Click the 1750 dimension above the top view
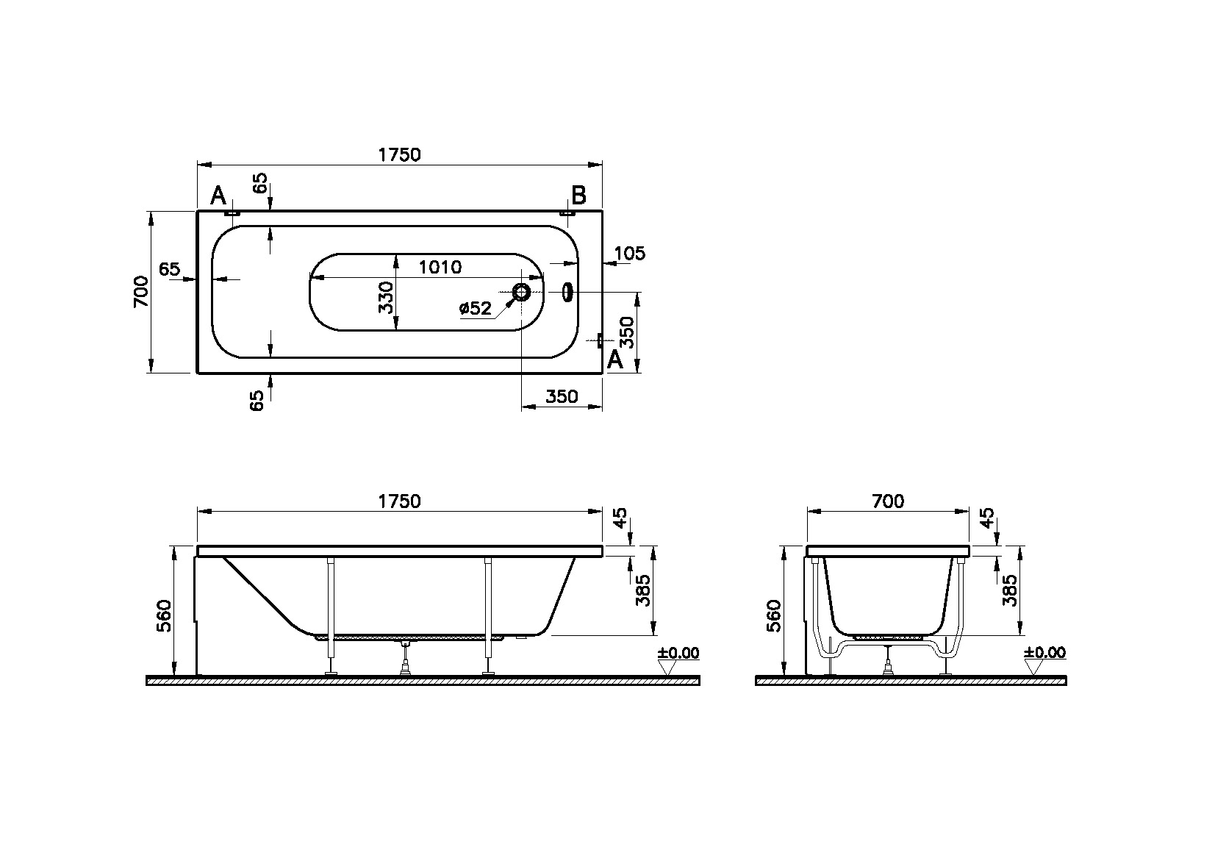(399, 154)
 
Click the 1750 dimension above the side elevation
(399, 501)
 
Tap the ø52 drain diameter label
(476, 309)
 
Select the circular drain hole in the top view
(522, 293)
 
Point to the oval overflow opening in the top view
(567, 292)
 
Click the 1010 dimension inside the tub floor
(440, 267)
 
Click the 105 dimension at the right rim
(629, 254)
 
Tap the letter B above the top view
(578, 196)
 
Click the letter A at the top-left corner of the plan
(218, 196)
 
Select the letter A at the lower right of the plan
(615, 359)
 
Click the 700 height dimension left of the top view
(142, 292)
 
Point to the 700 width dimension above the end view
(887, 501)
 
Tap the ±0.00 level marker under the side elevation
(678, 653)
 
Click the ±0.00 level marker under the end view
(1044, 653)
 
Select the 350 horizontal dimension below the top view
(562, 397)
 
